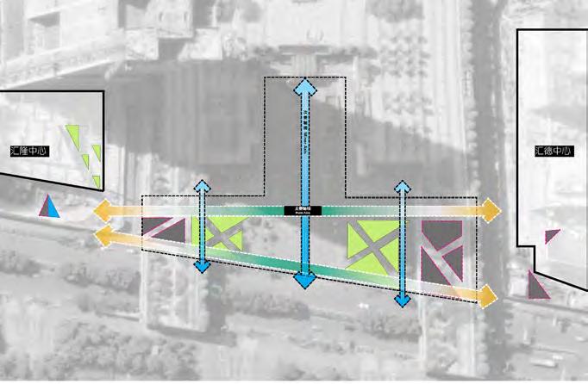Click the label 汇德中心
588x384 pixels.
click(x=553, y=152)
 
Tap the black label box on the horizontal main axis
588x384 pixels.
click(x=303, y=209)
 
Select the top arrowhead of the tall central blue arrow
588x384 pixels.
click(x=304, y=86)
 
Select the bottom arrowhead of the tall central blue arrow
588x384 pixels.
click(x=304, y=280)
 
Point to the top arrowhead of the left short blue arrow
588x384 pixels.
click(x=202, y=187)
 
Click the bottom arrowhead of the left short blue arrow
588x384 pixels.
click(x=202, y=265)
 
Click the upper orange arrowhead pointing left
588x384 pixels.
click(x=101, y=210)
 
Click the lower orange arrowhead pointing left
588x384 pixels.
click(x=101, y=234)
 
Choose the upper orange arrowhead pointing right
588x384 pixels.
click(x=491, y=209)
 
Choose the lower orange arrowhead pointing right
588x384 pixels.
click(x=489, y=296)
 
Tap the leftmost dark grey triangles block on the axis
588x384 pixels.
click(x=164, y=230)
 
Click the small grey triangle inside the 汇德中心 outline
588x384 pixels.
click(x=551, y=237)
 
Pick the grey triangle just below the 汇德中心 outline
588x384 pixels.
click(x=537, y=285)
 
